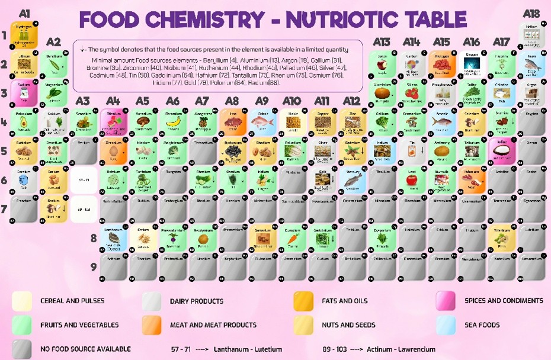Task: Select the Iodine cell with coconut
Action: (502, 150)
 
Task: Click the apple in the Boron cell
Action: (382, 65)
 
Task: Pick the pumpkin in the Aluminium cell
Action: (382, 94)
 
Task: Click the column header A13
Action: (382, 42)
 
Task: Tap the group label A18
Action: (531, 12)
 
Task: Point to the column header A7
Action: (202, 101)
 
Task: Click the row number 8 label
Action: (93, 238)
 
